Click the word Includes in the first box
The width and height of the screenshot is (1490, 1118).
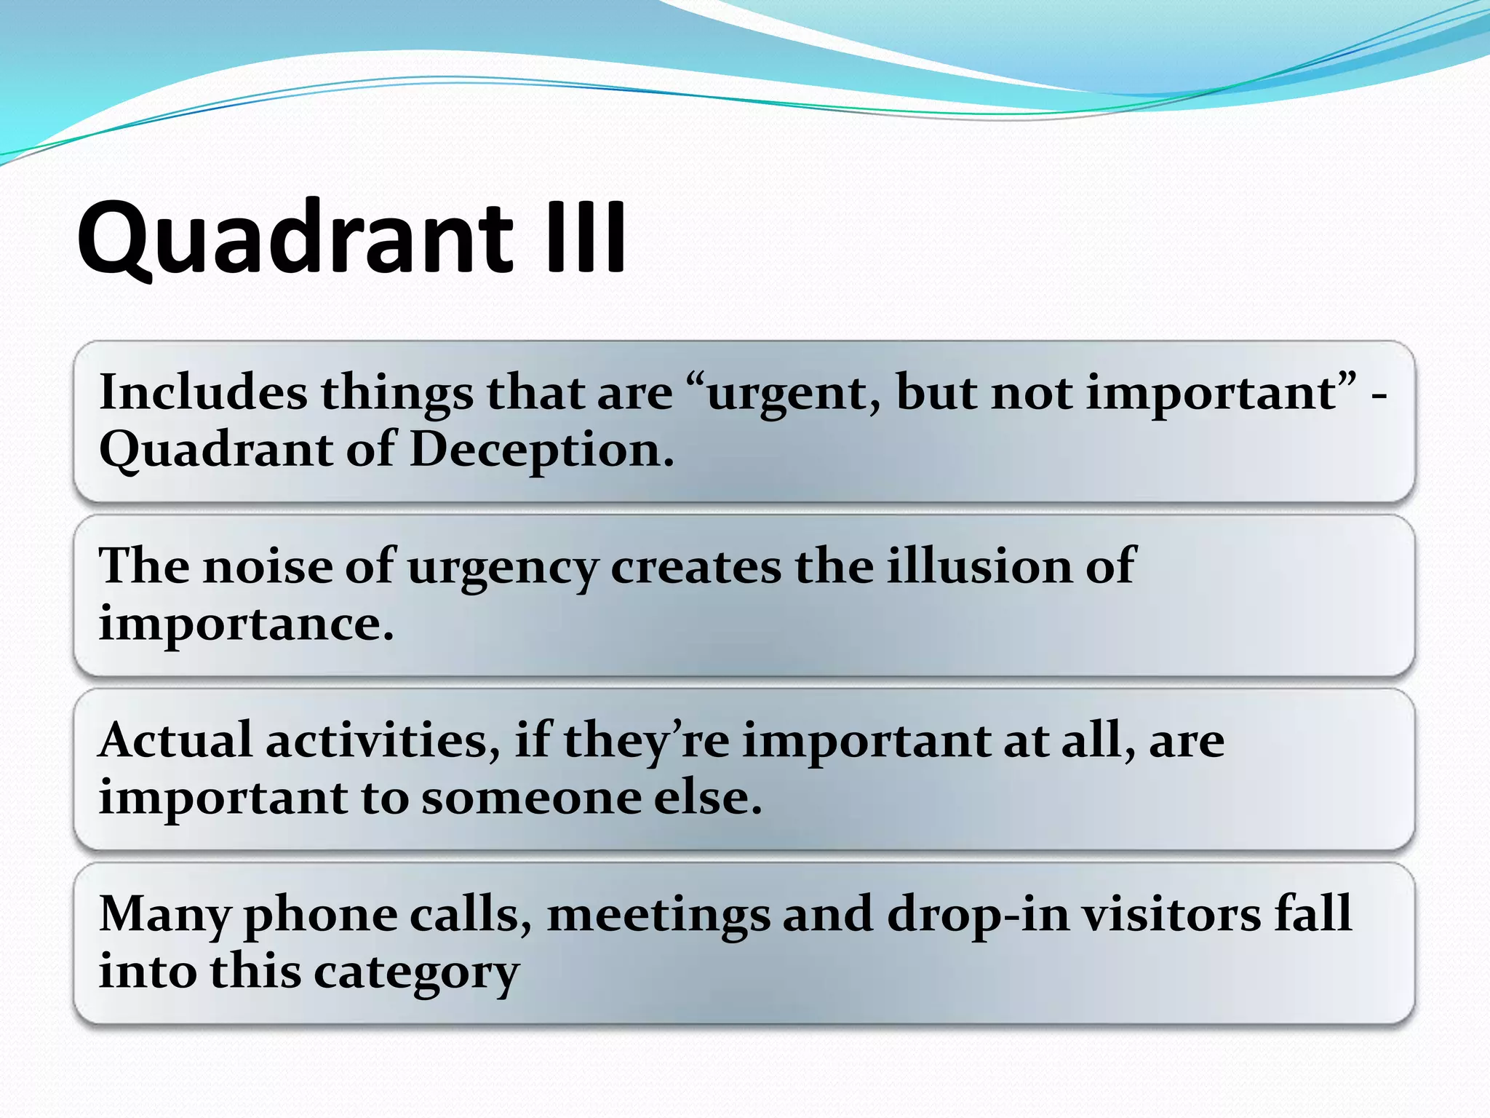coord(203,392)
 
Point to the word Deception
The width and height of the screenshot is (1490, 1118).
coord(542,450)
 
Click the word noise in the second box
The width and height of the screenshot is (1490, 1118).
coord(267,566)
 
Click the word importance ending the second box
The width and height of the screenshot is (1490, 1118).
coord(246,624)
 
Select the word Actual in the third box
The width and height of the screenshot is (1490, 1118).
coord(175,740)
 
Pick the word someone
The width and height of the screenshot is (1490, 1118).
coord(531,798)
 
